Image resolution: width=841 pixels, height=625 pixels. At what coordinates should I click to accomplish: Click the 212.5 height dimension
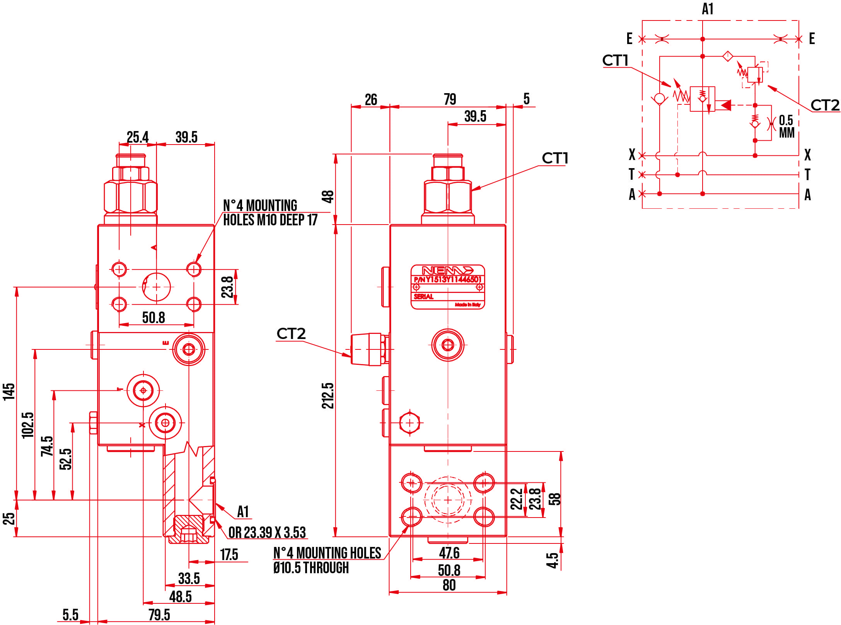(328, 395)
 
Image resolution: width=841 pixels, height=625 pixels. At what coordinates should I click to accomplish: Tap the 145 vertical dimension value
(9, 392)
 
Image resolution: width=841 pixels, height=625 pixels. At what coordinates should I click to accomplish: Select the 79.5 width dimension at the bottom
(159, 615)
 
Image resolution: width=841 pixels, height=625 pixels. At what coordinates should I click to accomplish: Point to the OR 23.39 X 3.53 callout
(267, 533)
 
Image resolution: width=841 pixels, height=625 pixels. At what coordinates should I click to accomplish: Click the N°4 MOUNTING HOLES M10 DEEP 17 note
(270, 213)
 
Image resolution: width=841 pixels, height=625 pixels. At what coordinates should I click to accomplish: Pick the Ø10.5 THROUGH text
(311, 568)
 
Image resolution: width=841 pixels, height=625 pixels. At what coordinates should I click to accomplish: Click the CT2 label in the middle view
(291, 334)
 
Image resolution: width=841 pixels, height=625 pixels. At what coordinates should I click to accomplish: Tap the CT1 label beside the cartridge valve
(554, 158)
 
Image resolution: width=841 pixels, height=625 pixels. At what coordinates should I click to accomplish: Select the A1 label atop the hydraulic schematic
(707, 9)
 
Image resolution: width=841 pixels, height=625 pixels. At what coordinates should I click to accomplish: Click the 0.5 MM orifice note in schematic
(786, 126)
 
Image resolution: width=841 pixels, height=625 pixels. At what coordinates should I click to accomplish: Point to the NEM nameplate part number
(448, 279)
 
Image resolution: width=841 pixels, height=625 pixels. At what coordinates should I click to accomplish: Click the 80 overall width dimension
(449, 585)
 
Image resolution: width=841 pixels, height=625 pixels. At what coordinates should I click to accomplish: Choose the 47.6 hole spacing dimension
(449, 553)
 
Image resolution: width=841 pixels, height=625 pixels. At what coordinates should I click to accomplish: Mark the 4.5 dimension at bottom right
(553, 560)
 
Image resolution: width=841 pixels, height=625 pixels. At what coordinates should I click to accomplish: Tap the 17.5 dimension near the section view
(229, 555)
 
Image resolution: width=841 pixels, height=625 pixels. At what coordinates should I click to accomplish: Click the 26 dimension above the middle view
(371, 100)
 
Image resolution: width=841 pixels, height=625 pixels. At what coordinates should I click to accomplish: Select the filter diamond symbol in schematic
(727, 56)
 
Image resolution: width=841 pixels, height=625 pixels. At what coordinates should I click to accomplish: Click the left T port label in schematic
(631, 174)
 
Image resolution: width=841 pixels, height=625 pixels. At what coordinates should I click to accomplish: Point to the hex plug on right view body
(409, 423)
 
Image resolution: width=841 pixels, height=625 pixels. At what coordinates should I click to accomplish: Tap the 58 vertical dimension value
(554, 499)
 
